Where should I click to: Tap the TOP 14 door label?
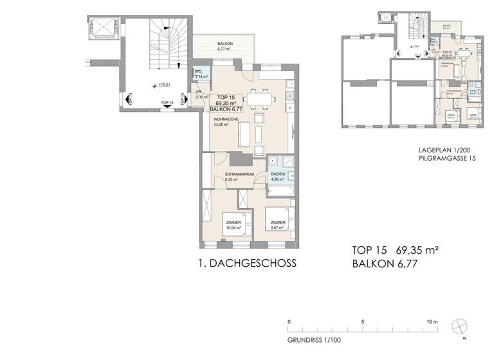[x=167, y=103]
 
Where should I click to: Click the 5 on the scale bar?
[x=363, y=321]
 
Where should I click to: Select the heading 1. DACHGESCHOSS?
[x=248, y=263]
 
